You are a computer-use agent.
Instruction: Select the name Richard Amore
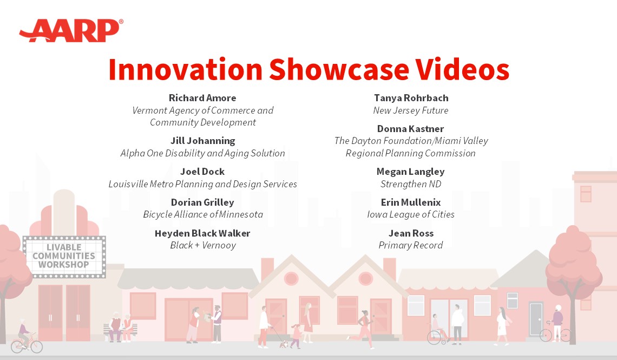pos(202,98)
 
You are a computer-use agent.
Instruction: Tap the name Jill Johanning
pos(202,141)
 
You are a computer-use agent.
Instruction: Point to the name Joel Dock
pos(202,172)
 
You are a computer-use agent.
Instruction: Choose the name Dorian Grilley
pos(202,202)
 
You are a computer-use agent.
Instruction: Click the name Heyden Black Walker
pos(202,233)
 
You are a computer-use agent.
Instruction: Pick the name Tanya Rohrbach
pos(411,98)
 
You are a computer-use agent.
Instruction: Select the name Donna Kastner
pos(410,129)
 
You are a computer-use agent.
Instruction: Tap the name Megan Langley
pos(410,172)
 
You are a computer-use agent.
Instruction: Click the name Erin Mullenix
pos(411,202)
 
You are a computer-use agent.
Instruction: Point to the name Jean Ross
pos(411,233)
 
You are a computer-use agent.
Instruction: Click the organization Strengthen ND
pos(411,184)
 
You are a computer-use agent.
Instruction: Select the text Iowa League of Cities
pos(411,214)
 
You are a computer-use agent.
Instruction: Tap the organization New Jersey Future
pos(411,110)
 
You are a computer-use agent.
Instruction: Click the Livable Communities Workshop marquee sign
pos(64,257)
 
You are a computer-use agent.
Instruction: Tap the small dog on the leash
pos(284,343)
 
